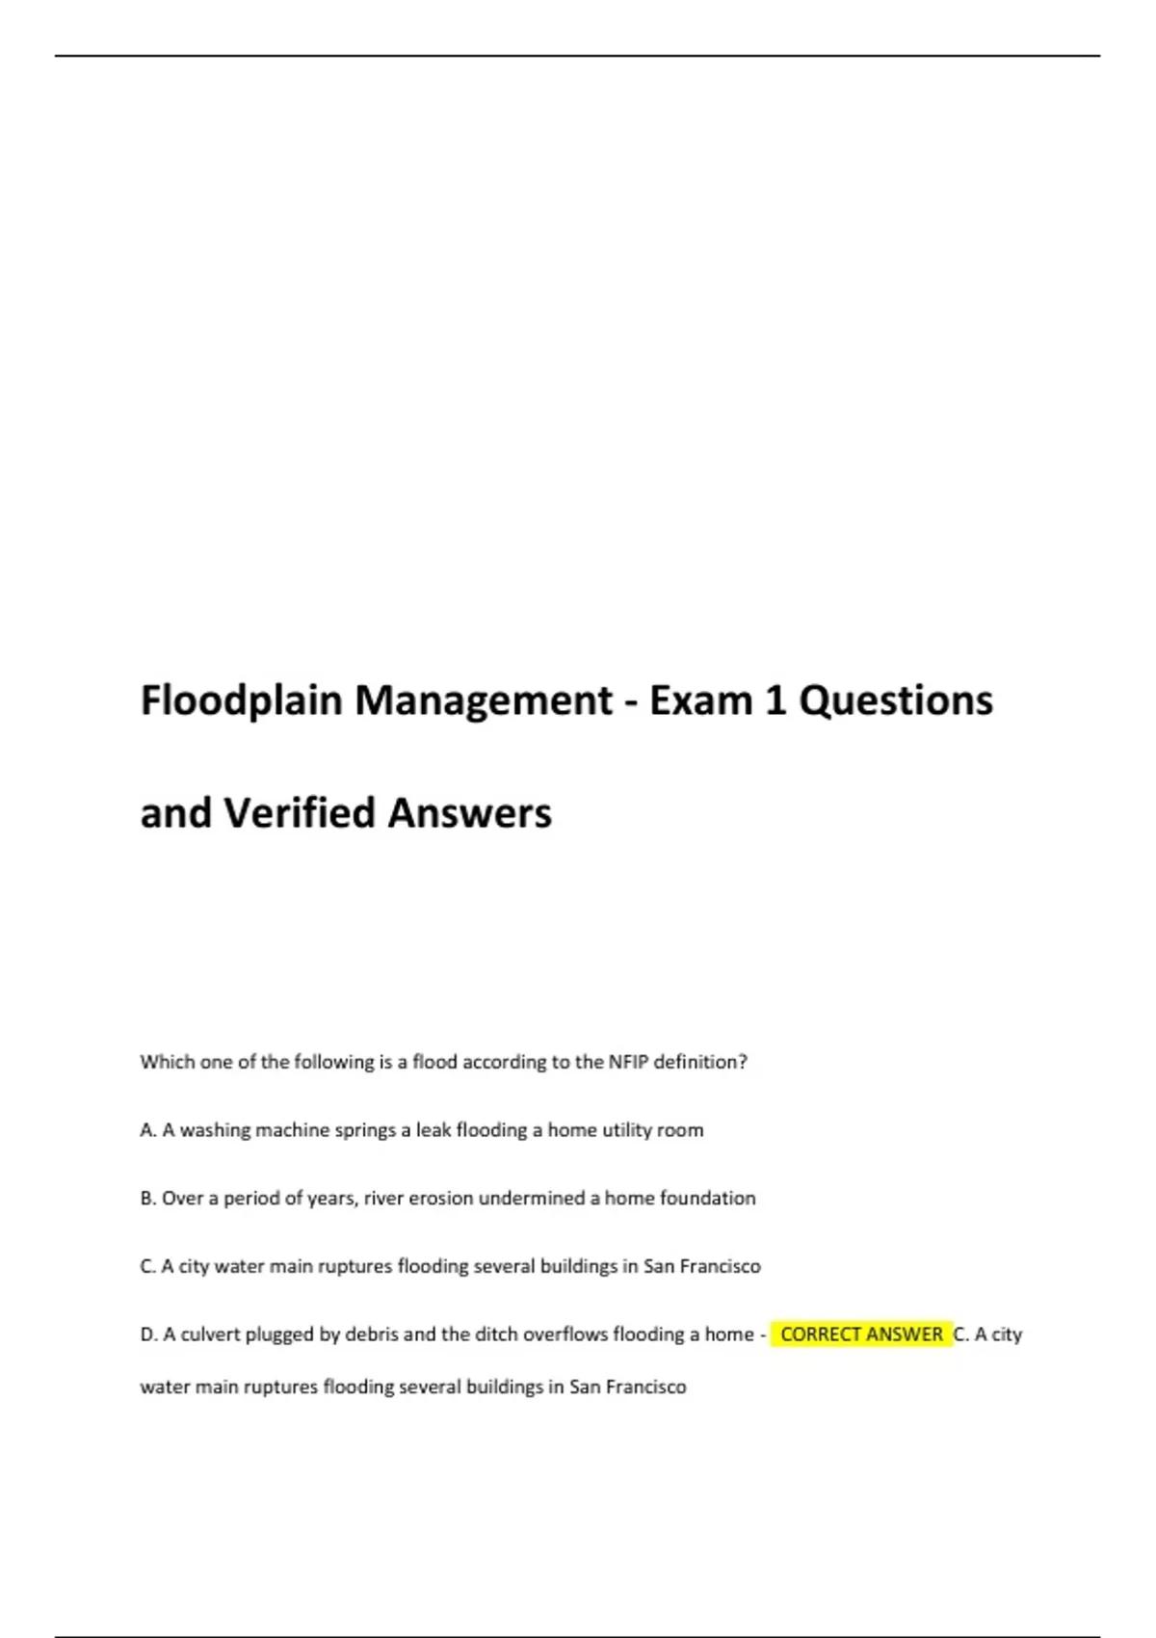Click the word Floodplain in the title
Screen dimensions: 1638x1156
[x=241, y=701]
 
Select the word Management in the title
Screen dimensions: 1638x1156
[x=484, y=701]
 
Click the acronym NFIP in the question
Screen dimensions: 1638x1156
[x=628, y=1062]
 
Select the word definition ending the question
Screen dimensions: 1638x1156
[x=700, y=1062]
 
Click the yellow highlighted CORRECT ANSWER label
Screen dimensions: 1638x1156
[x=861, y=1334]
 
